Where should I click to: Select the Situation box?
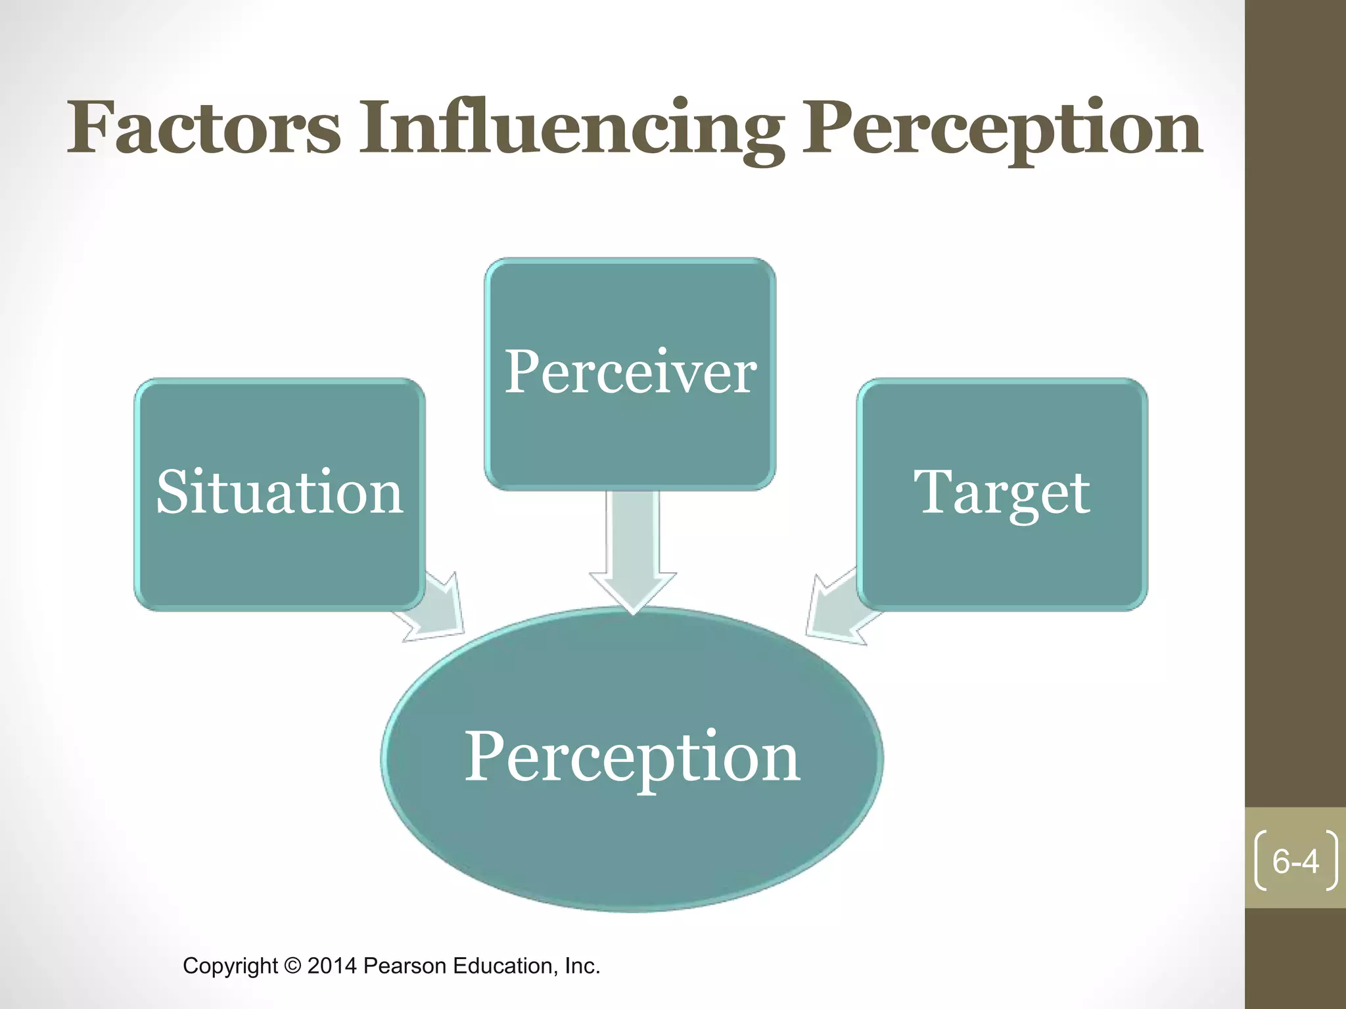279,558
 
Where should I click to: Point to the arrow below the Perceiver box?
633,552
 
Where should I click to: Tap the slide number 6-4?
1295,861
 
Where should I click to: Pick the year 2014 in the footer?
332,966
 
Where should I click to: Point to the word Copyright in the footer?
230,966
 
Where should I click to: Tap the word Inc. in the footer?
582,966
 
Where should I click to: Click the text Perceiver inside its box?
630,372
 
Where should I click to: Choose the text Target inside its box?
1002,493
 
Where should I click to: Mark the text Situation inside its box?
279,493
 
